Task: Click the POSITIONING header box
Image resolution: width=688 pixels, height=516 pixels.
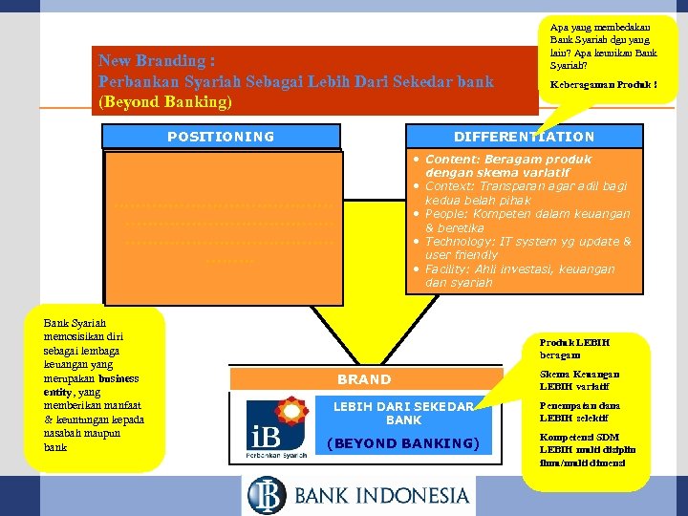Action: [221, 137]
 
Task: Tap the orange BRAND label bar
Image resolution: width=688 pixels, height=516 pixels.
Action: [364, 379]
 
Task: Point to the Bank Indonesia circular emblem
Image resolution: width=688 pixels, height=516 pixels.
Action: [267, 495]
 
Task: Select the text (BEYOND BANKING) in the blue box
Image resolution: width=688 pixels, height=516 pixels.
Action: [402, 442]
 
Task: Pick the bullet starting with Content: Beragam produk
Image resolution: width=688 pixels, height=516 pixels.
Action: [508, 165]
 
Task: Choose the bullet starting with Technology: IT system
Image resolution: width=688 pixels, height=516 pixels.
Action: [527, 248]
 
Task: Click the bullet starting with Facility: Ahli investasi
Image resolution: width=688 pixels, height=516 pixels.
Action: [520, 276]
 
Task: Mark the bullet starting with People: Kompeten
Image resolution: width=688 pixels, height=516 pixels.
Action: [527, 221]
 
